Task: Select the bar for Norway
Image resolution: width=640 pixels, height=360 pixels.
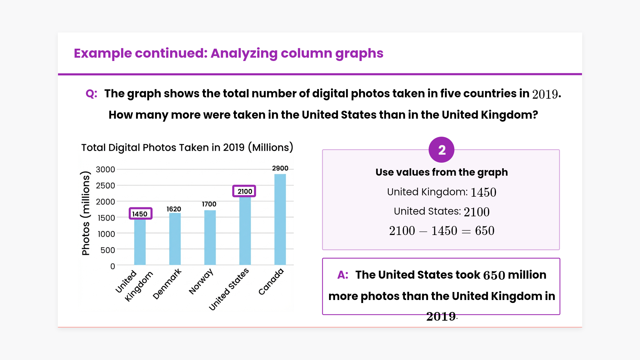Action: tap(210, 237)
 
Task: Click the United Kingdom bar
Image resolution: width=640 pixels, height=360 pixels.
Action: tap(140, 242)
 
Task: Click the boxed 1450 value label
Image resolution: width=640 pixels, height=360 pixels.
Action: tap(140, 214)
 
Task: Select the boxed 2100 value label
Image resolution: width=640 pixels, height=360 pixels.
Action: tap(244, 191)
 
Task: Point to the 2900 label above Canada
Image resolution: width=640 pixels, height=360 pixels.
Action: tap(280, 168)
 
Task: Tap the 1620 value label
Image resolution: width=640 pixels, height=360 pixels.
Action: tap(174, 209)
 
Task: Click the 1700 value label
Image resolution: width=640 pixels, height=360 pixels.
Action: tap(209, 204)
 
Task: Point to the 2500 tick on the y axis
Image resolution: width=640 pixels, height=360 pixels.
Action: tap(105, 186)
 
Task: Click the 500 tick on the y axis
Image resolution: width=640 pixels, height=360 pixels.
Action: tap(108, 250)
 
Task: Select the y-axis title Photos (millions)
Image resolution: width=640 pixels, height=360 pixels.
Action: tap(86, 213)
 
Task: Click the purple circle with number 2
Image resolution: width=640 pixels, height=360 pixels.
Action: tap(441, 150)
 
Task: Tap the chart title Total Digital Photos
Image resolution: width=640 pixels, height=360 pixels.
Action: tap(187, 147)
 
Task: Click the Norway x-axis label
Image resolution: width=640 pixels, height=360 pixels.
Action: tap(201, 282)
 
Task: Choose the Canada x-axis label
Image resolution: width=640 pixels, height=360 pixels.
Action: tap(271, 282)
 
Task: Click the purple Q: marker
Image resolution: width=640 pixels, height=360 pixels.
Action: tap(91, 94)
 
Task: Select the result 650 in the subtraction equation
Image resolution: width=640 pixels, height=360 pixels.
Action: tap(485, 231)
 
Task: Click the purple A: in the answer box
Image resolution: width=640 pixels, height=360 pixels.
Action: tap(343, 275)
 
